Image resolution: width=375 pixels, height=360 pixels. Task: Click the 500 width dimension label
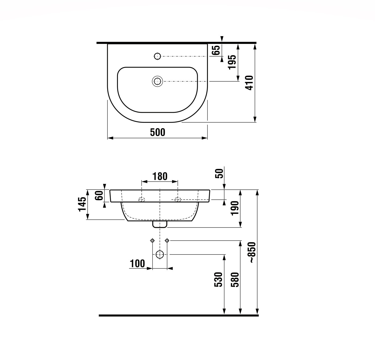point(157,132)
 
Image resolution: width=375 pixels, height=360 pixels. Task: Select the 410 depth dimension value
point(249,83)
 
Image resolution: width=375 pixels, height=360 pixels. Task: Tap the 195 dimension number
point(232,62)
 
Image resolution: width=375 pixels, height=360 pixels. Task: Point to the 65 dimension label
point(216,50)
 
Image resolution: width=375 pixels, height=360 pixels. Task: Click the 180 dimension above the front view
point(160,176)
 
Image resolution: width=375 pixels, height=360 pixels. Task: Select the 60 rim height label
point(99,195)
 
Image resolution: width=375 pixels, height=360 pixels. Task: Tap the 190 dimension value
point(235,208)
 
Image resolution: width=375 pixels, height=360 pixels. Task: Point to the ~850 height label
point(252,252)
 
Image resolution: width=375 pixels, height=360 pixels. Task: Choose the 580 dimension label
point(235,279)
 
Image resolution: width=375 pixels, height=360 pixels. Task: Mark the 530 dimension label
point(219,279)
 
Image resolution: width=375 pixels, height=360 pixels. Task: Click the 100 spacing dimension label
point(137,264)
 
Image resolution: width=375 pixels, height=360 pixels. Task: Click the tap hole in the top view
point(157,56)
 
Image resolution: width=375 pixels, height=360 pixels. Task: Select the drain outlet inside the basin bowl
point(157,81)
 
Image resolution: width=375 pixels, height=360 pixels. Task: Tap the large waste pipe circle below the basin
point(160,254)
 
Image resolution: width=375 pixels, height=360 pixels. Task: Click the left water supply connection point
point(152,240)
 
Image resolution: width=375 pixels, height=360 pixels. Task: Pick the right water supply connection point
point(167,240)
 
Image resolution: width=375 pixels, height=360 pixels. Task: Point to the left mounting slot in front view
point(141,199)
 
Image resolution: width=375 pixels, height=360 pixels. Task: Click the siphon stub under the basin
point(160,224)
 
